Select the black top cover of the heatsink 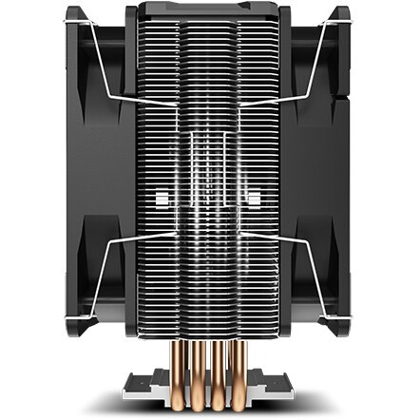coord(209,11)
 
